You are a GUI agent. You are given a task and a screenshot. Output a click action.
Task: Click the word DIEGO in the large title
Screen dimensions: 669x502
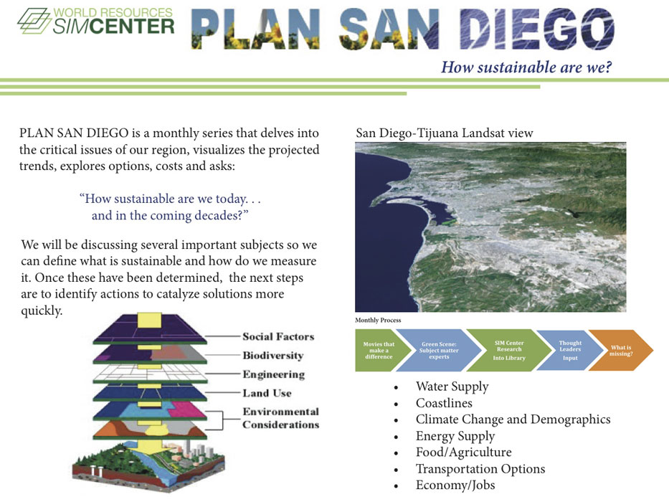(x=537, y=29)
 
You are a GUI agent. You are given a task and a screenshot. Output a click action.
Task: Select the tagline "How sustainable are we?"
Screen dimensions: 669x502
(x=526, y=67)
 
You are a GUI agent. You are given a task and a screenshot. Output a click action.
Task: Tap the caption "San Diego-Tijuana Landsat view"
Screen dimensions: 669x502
(x=444, y=133)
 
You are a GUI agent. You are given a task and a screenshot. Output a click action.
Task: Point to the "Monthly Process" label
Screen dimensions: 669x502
(x=378, y=320)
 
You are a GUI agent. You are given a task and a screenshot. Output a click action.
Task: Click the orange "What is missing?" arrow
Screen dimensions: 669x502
(x=621, y=350)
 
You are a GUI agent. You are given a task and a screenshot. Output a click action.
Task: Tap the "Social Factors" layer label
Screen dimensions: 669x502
(x=278, y=336)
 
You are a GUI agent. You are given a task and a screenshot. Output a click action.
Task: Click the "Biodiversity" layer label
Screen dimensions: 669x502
(x=273, y=356)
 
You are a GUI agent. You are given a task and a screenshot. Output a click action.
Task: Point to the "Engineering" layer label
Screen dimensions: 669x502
(x=273, y=374)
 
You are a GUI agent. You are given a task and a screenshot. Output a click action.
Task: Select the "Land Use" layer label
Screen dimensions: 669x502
(x=267, y=393)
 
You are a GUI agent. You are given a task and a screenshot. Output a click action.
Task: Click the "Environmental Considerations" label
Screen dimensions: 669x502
(x=281, y=418)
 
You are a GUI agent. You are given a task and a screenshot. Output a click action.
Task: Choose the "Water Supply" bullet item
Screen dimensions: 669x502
(x=452, y=387)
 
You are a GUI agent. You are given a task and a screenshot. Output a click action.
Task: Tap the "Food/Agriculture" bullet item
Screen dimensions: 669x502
(x=463, y=452)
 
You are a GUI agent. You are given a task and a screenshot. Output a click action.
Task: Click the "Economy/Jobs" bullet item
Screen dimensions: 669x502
(x=455, y=485)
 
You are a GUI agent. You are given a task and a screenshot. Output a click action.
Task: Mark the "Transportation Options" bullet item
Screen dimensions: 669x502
(x=480, y=469)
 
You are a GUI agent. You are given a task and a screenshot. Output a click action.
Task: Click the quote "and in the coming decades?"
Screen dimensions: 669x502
(x=170, y=216)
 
